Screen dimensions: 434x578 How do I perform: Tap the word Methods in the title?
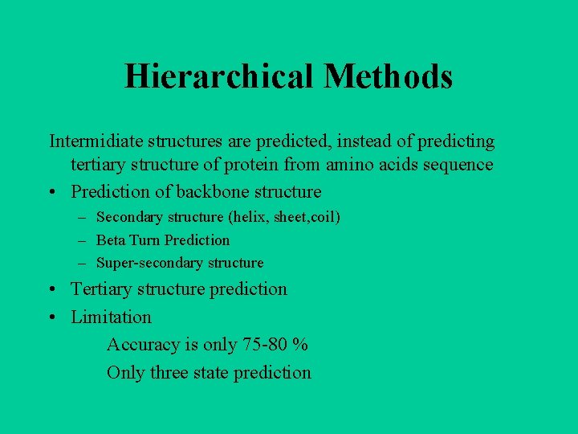(x=389, y=77)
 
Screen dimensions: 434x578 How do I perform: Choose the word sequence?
(x=458, y=165)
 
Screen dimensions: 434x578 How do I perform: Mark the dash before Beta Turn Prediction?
(x=83, y=240)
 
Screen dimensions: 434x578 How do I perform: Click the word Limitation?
(x=111, y=317)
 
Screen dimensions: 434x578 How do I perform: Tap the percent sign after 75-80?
(x=300, y=345)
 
